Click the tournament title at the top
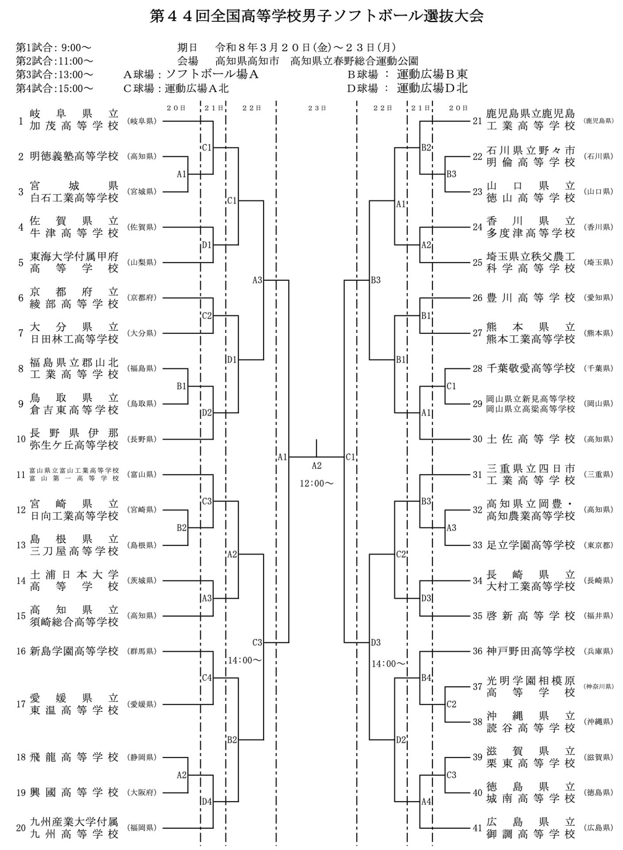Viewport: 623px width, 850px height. pos(316,16)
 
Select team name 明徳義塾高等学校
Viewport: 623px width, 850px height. pos(74,156)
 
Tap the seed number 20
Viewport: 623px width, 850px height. pos(21,827)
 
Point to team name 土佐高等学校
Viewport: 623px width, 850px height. pos(530,439)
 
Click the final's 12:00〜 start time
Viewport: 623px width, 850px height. pos(317,483)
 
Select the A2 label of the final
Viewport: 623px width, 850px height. pos(317,466)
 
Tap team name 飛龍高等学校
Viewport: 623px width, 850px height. pos(74,757)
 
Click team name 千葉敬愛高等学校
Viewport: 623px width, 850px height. pos(530,368)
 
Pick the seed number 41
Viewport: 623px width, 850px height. pos(477,827)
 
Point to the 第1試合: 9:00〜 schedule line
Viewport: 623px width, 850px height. pos(54,47)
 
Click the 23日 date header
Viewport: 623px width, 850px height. pos(317,108)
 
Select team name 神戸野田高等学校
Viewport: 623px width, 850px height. pos(530,651)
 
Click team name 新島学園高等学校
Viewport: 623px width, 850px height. pos(74,651)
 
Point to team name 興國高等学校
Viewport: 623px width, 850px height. pos(74,792)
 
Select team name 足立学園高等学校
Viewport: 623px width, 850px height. pos(530,545)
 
